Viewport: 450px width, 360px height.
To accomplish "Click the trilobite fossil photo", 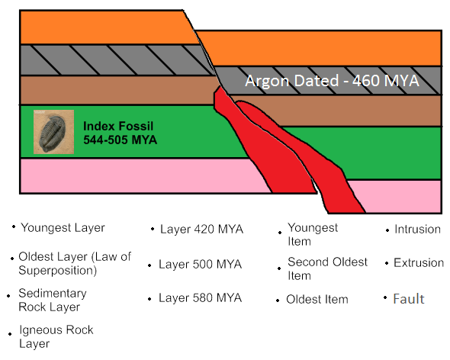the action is tap(53, 132).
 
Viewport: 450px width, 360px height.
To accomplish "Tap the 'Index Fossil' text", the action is tap(118, 126).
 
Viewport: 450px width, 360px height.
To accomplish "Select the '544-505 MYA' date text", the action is tap(121, 140).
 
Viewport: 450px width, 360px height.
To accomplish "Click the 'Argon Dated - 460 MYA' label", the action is tap(332, 81).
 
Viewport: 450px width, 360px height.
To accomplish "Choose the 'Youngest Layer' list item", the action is tap(63, 227).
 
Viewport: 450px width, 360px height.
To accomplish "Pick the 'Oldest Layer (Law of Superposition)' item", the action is tap(75, 263).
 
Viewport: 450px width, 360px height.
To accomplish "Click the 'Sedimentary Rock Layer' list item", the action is tap(53, 300).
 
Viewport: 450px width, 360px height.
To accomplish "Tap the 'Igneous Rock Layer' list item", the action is tap(56, 336).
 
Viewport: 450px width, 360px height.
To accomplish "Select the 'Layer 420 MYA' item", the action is tap(202, 229).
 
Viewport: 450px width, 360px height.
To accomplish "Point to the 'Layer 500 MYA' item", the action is tap(201, 264).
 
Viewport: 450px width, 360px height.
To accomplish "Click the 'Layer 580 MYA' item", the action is tap(201, 297).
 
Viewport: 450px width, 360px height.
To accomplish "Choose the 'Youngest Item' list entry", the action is tap(313, 234).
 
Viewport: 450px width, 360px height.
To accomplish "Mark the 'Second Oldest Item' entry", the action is tap(327, 268).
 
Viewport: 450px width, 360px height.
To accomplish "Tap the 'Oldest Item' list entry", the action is tap(317, 299).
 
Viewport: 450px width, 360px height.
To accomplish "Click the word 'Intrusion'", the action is tap(417, 229).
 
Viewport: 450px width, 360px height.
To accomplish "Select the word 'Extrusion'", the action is tap(419, 262).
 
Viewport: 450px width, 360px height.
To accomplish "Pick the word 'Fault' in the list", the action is tap(408, 299).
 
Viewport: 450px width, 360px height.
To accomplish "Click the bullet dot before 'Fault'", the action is tap(385, 297).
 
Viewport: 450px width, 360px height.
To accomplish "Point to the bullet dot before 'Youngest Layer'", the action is tap(14, 227).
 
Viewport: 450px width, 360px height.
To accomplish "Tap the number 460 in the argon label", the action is tap(366, 81).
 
